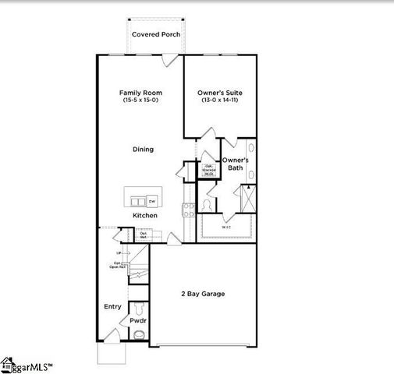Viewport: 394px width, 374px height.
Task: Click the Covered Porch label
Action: (155, 34)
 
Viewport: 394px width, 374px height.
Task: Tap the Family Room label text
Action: (140, 93)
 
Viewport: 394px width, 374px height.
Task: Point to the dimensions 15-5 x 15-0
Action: (140, 101)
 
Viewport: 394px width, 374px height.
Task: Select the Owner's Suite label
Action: (222, 93)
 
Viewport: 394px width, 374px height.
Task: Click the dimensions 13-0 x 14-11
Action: (222, 101)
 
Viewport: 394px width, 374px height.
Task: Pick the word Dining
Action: (143, 150)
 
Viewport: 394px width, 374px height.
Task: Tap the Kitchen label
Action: (144, 215)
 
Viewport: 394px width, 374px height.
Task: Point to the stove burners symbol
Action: (188, 208)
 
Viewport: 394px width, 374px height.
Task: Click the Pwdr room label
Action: (138, 320)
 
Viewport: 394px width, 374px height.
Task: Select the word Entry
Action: (112, 306)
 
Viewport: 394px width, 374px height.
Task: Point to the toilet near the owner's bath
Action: (207, 204)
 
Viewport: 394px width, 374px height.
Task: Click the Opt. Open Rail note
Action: (117, 265)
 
